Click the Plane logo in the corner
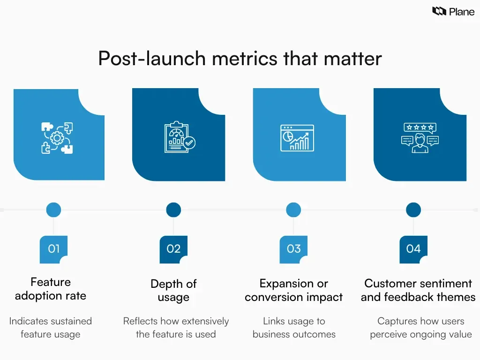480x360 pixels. click(453, 12)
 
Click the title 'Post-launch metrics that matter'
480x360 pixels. click(240, 59)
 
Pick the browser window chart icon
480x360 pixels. click(297, 137)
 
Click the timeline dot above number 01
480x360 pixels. click(53, 210)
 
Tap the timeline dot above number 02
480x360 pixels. click(173, 210)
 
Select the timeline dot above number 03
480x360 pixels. click(293, 210)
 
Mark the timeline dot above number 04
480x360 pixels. click(413, 210)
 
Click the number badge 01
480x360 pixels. click(53, 249)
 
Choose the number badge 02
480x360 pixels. click(173, 249)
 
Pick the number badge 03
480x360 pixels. click(293, 249)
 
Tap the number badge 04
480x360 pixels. click(413, 249)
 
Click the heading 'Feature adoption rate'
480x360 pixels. click(51, 289)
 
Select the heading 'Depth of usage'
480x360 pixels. click(173, 290)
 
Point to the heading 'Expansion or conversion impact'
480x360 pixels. click(294, 290)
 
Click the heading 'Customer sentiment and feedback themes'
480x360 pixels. click(418, 290)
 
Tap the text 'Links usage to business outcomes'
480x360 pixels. click(294, 328)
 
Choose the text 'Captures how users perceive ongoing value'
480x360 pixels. click(420, 328)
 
